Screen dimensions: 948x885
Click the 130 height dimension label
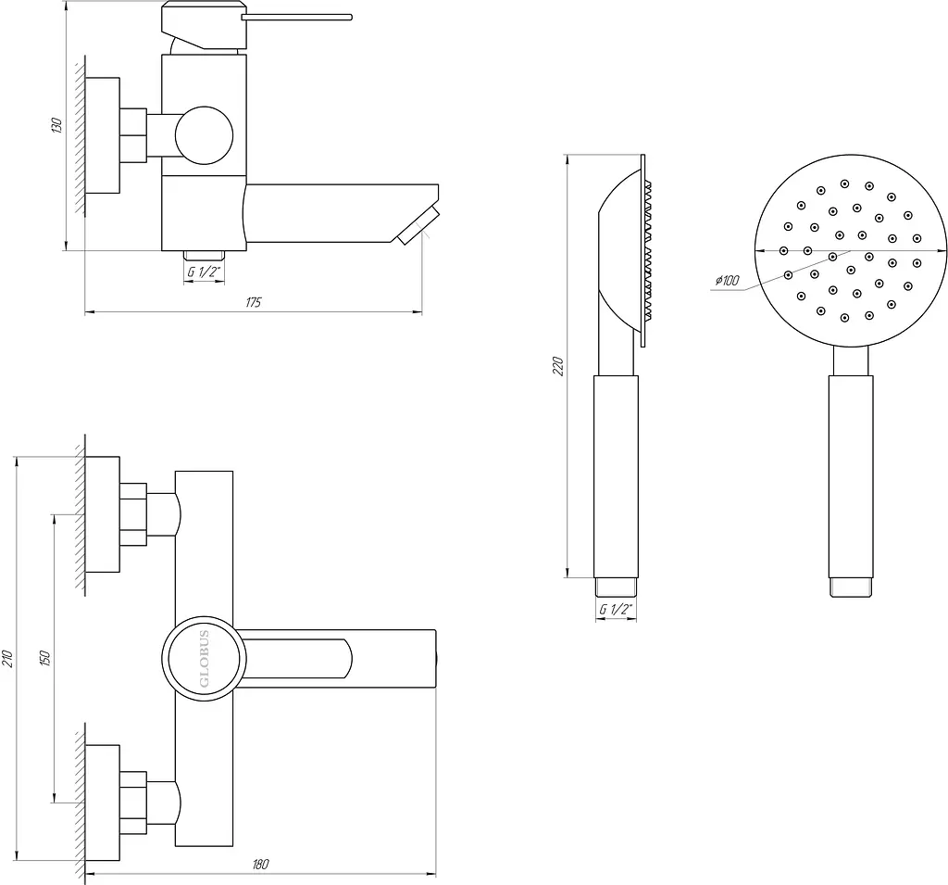click(x=56, y=125)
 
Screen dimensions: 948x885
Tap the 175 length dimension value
click(x=254, y=302)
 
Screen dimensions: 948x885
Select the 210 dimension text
click(x=7, y=659)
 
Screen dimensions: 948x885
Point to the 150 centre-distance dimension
click(x=44, y=658)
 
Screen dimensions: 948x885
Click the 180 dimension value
click(x=260, y=864)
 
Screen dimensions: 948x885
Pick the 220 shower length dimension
click(x=558, y=366)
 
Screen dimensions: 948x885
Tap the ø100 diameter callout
click(x=727, y=280)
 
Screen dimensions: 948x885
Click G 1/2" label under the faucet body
click(x=204, y=272)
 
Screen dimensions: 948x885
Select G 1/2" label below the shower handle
click(x=616, y=610)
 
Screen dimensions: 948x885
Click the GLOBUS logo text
click(x=205, y=659)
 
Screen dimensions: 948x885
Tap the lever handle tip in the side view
click(x=349, y=18)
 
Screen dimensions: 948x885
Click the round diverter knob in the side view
click(x=204, y=135)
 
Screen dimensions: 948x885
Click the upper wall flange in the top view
click(x=102, y=514)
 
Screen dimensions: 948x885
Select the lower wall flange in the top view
click(x=102, y=803)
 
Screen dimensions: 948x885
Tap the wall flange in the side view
click(x=102, y=135)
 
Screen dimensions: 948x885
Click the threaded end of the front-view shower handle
click(x=851, y=588)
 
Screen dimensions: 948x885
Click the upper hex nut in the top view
click(x=133, y=514)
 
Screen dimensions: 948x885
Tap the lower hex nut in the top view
click(x=133, y=803)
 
